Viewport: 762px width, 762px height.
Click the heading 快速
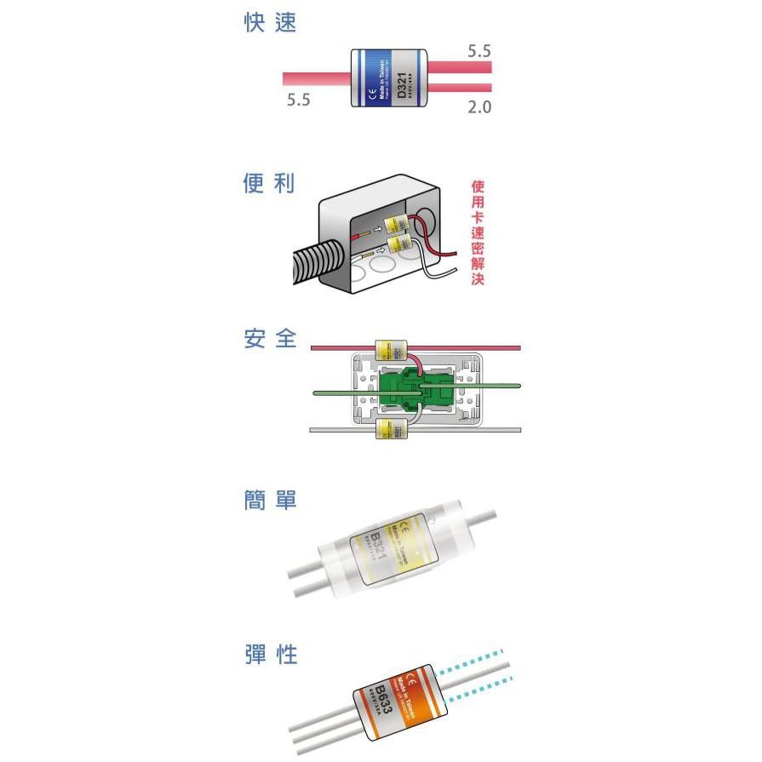[x=269, y=24]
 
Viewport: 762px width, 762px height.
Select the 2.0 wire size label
[x=479, y=107]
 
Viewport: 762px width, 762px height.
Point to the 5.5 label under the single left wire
[x=299, y=100]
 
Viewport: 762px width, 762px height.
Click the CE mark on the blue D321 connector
[x=372, y=95]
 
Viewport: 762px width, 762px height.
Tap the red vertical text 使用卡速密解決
[x=478, y=232]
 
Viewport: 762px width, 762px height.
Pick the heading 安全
[x=269, y=339]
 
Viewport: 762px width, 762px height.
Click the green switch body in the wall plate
[x=415, y=392]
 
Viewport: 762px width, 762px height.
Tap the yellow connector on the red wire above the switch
[x=392, y=350]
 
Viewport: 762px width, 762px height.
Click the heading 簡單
[x=269, y=500]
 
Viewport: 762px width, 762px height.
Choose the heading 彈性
[x=269, y=655]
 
